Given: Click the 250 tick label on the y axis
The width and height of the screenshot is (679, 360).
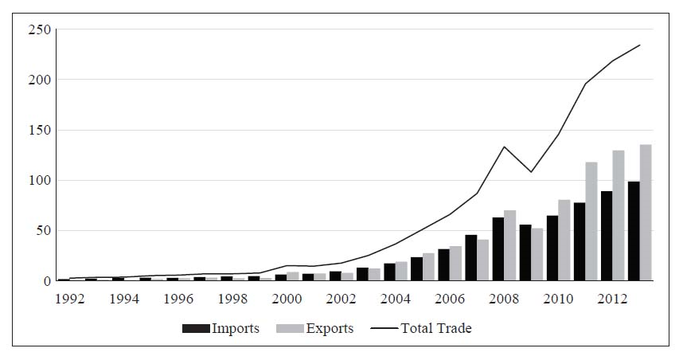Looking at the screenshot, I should (39, 30).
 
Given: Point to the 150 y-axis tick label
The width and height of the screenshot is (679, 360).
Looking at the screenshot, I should (39, 131).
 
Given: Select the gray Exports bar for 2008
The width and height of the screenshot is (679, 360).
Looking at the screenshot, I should (510, 246).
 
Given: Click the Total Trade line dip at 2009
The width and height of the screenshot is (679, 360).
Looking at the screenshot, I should (531, 172).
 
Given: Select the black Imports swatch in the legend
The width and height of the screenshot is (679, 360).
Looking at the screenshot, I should (196, 328).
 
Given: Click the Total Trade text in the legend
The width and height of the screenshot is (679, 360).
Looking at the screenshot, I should (436, 328).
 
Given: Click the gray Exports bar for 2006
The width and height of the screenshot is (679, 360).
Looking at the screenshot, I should (456, 264).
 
